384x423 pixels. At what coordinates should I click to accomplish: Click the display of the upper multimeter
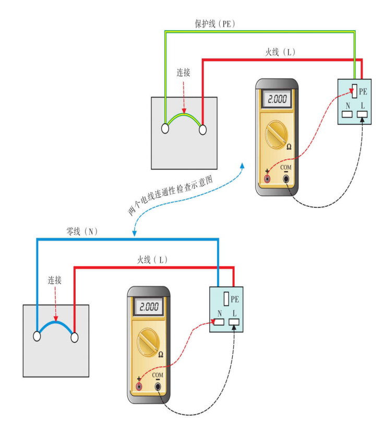coord(277,100)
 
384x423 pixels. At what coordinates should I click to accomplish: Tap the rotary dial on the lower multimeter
coord(149,343)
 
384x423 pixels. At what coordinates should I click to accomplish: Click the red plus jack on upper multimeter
coord(268,179)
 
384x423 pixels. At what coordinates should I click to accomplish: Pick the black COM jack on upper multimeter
coord(286,179)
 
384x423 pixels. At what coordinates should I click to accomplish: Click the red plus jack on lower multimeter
coord(139,386)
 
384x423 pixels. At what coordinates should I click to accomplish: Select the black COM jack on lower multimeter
coord(158,386)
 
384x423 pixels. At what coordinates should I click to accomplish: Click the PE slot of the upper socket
coord(354,92)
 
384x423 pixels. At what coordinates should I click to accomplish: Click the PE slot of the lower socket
coord(225,299)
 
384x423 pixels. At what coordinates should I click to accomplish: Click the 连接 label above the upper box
coord(183,73)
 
